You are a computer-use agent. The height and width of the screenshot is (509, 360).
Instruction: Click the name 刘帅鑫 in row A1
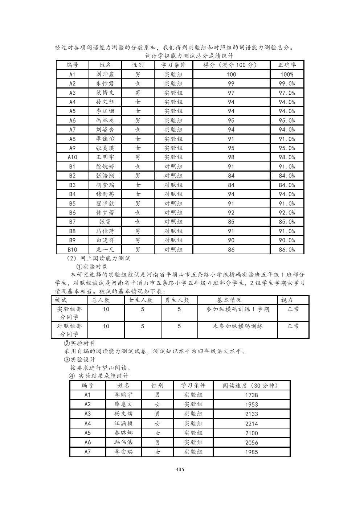pyautogui.click(x=105, y=74)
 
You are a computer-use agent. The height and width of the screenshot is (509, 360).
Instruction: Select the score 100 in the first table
pyautogui.click(x=231, y=74)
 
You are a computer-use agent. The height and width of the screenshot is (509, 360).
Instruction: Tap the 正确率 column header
pyautogui.click(x=287, y=65)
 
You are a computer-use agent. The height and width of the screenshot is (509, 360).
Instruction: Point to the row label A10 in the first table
pyautogui.click(x=72, y=157)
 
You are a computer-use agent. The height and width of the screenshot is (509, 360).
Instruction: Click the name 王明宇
pyautogui.click(x=105, y=157)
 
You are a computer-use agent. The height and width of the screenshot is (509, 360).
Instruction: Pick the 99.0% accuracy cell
pyautogui.click(x=287, y=83)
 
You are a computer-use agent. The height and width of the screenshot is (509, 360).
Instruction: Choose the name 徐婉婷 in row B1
pyautogui.click(x=105, y=167)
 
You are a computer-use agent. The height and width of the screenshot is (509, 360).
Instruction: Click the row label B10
pyautogui.click(x=72, y=250)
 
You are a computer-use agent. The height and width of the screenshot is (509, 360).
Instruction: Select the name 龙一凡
pyautogui.click(x=105, y=250)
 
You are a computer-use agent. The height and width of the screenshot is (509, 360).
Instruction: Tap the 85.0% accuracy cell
pyautogui.click(x=287, y=222)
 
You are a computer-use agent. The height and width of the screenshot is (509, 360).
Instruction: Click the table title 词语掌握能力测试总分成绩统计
pyautogui.click(x=189, y=56)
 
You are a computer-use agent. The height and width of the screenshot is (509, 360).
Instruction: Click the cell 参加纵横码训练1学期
pyautogui.click(x=238, y=309)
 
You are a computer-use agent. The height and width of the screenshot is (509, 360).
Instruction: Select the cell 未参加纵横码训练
pyautogui.click(x=238, y=326)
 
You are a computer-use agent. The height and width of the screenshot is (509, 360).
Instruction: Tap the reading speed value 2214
pyautogui.click(x=251, y=423)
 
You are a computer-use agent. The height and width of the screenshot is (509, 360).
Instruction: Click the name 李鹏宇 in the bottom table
pyautogui.click(x=123, y=395)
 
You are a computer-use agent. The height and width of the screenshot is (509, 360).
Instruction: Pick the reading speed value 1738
pyautogui.click(x=251, y=395)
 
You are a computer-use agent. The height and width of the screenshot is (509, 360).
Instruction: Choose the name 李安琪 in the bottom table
pyautogui.click(x=123, y=452)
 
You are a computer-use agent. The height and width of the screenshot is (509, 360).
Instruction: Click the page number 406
pyautogui.click(x=180, y=469)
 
